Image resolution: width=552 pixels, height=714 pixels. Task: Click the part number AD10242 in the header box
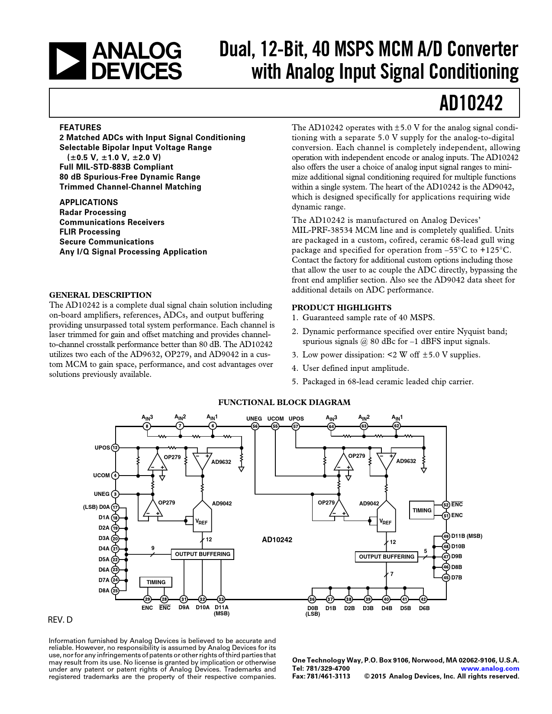[x=471, y=103]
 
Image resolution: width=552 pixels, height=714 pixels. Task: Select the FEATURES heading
[x=80, y=127]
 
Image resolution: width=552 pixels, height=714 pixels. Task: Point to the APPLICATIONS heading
[x=88, y=202]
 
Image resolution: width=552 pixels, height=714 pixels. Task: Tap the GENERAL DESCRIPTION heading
[x=100, y=295]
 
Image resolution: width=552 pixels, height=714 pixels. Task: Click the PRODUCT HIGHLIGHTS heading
[x=341, y=308]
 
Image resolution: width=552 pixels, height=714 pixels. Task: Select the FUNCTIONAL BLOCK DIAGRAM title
[x=284, y=402]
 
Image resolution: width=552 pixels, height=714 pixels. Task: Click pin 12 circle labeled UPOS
[x=115, y=447]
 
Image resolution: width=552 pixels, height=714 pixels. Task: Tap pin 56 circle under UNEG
[x=255, y=426]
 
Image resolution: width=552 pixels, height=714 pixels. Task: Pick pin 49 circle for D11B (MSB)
[x=446, y=536]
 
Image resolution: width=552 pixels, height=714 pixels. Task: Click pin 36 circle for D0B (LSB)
[x=312, y=599]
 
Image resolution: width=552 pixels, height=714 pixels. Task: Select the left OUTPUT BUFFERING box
[x=202, y=554]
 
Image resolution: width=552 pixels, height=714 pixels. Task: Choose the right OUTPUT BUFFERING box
[x=386, y=557]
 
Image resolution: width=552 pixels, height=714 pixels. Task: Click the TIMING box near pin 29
[x=156, y=582]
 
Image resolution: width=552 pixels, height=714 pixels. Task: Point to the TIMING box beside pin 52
[x=422, y=510]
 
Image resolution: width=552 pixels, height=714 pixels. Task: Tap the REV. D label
[x=60, y=620]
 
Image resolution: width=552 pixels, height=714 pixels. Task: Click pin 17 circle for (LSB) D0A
[x=115, y=507]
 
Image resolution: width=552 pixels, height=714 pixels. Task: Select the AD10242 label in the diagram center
[x=277, y=540]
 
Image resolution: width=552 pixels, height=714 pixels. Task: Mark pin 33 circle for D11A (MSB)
[x=221, y=599]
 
